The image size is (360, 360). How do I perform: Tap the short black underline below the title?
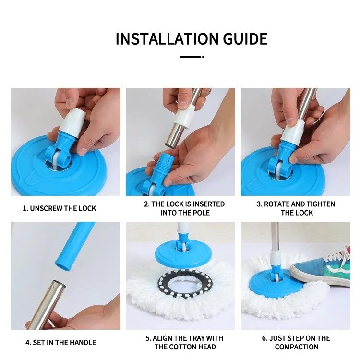pos(191,57)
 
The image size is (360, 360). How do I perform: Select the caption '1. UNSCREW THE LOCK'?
pos(60,208)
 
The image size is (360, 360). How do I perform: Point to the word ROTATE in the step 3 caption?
pos(280,204)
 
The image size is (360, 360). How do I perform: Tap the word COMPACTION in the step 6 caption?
pos(297,347)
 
